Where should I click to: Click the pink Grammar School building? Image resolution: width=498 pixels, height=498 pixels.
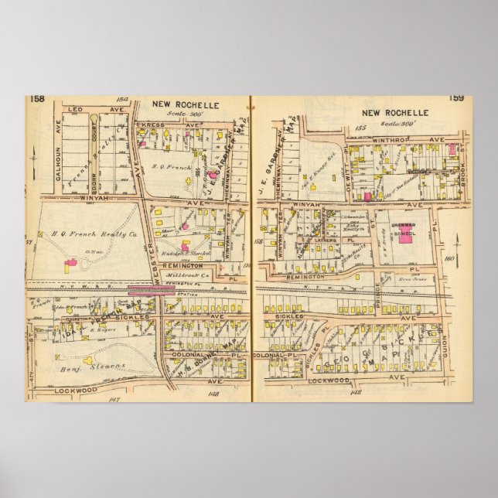pos(405,232)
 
